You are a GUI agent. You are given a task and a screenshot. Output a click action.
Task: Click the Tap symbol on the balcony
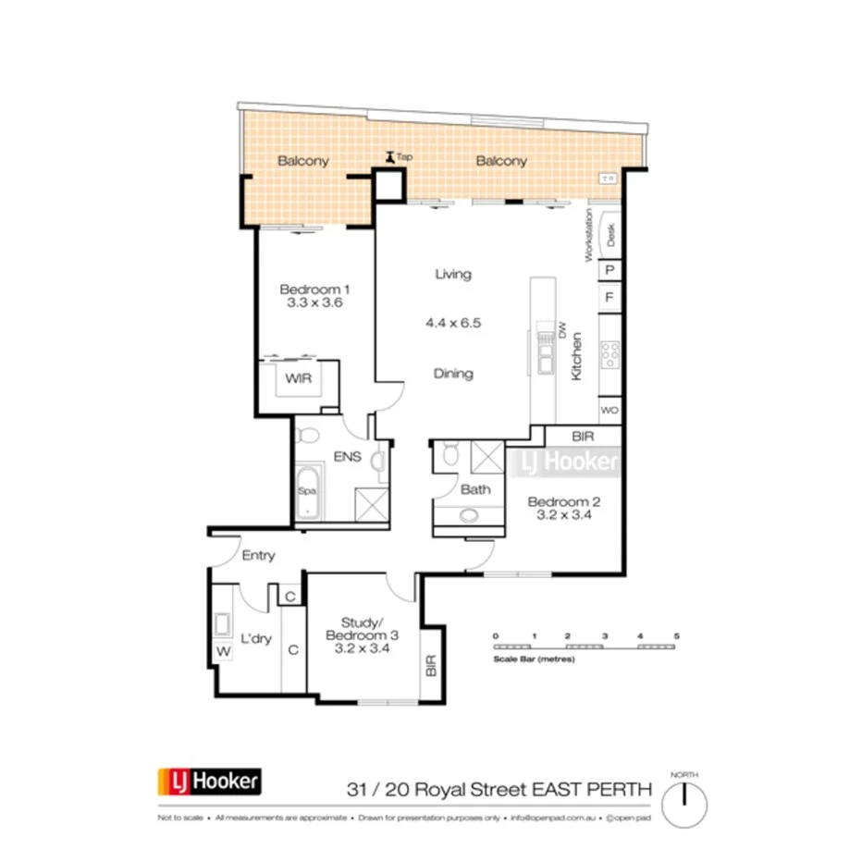391,157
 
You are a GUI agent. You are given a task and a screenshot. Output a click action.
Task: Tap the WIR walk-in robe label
297,379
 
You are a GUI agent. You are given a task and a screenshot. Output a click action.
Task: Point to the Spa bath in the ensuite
306,501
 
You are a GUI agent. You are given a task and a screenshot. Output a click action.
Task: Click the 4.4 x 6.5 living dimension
453,323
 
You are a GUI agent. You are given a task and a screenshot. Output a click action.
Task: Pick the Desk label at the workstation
610,236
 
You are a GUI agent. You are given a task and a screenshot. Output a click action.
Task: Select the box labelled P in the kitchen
610,270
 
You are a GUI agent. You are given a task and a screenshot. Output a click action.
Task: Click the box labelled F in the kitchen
610,298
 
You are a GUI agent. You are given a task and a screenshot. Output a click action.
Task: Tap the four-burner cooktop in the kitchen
610,352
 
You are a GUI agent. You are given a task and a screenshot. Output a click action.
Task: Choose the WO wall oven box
610,409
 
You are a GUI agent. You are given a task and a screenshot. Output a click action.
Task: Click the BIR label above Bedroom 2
583,436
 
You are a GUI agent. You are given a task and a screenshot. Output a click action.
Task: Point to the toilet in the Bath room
449,454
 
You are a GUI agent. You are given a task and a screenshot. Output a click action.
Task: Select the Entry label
258,556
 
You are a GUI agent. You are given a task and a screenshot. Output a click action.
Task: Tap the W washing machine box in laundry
222,653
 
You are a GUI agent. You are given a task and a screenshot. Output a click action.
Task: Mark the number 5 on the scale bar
677,636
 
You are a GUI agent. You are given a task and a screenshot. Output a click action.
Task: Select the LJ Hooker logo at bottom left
209,782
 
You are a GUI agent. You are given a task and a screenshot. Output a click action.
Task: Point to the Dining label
453,374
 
